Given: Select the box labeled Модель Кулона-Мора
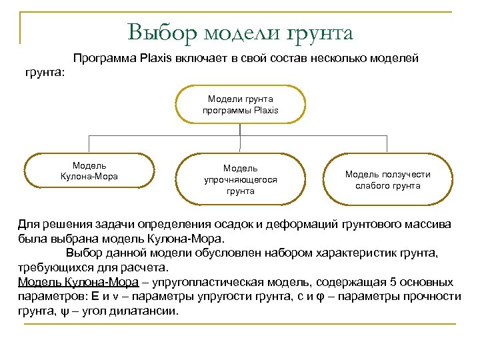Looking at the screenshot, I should pos(89,171).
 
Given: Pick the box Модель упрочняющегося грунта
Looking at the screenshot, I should pos(240,180).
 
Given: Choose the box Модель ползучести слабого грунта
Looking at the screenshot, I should pos(387,180).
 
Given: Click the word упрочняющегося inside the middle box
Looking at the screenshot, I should pos(240,180).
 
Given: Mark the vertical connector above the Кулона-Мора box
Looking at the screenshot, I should pos(90,143).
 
